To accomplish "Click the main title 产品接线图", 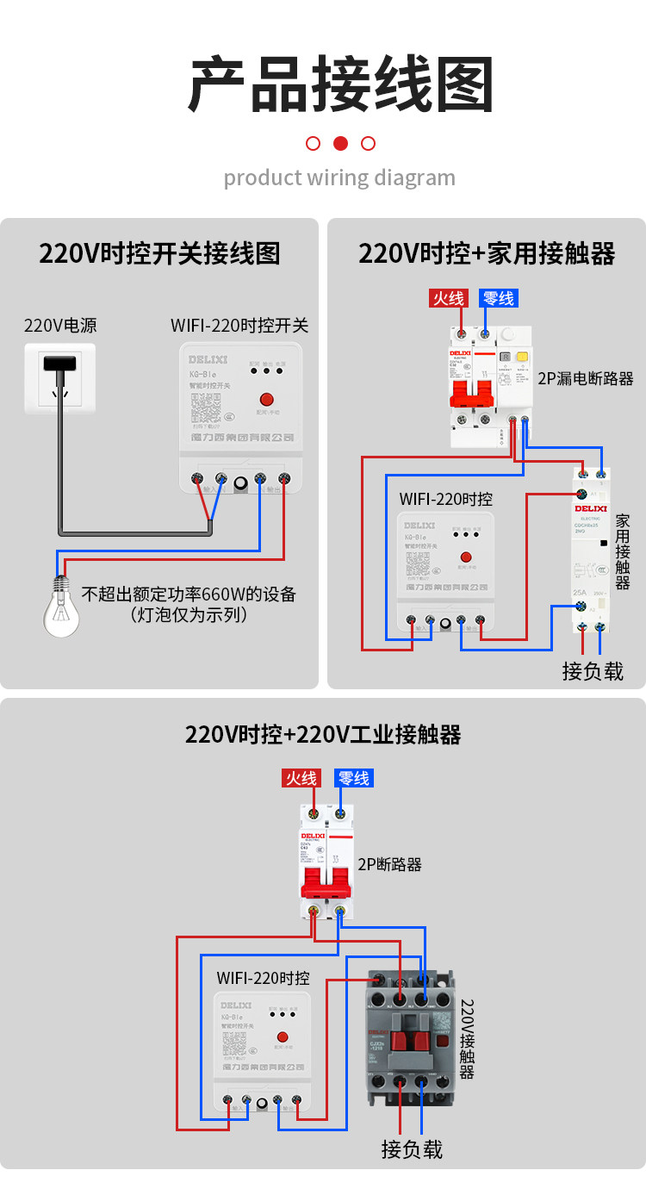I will (x=340, y=85).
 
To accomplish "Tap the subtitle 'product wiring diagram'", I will (x=339, y=178).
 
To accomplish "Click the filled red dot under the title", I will (x=340, y=143).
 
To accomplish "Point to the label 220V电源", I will (x=60, y=326).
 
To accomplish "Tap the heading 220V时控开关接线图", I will (x=159, y=254).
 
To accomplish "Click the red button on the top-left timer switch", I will (x=266, y=400).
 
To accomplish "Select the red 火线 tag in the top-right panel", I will (x=448, y=298).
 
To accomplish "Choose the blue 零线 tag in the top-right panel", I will (x=499, y=298).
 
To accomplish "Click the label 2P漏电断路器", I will (x=586, y=378).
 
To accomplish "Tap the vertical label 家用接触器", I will (x=623, y=551).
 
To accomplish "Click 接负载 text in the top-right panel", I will (x=593, y=671).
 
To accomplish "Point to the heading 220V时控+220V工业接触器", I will (x=323, y=734).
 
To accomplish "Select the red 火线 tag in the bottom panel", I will (x=301, y=778).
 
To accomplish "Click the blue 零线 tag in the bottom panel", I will (x=353, y=778).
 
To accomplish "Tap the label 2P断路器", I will (x=389, y=864).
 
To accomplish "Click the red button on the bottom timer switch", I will (x=282, y=1037).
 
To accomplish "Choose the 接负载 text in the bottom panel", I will (x=412, y=1148).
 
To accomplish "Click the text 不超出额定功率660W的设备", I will (x=189, y=594).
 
